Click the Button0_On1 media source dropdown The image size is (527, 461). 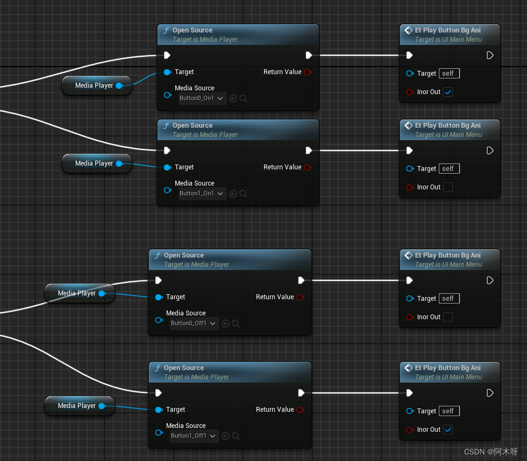(x=202, y=98)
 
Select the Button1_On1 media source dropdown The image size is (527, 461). (x=202, y=194)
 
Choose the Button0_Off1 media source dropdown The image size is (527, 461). (x=194, y=324)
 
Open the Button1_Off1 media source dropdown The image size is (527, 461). (x=194, y=436)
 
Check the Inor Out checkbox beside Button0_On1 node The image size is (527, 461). (x=448, y=92)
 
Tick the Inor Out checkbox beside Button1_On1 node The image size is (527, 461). (x=448, y=187)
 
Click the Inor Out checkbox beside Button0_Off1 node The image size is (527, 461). (x=448, y=317)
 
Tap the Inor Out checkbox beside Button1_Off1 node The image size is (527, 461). (x=448, y=430)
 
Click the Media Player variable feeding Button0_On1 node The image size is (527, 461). (x=95, y=85)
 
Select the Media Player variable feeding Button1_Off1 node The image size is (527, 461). (x=78, y=406)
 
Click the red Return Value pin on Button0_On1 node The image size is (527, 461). (x=307, y=72)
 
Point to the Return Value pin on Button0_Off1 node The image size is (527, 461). (x=300, y=297)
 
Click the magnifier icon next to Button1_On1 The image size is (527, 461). (x=243, y=194)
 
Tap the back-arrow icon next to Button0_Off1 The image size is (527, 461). (x=226, y=324)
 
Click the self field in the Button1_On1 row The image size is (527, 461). (x=449, y=169)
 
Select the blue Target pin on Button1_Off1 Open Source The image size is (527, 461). (x=159, y=410)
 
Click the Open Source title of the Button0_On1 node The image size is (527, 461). (x=192, y=30)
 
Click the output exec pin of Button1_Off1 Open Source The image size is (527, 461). (x=301, y=393)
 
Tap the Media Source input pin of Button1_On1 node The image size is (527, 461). (x=167, y=190)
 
